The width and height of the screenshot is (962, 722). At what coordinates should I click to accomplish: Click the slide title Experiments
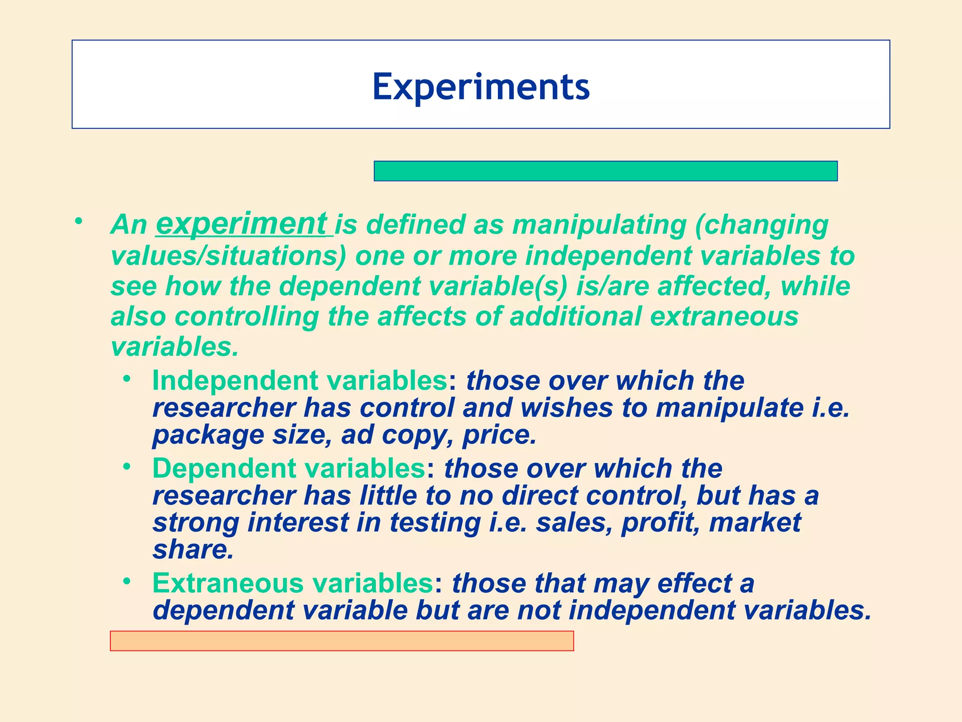(x=481, y=87)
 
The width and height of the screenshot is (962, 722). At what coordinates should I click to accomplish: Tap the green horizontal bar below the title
(x=605, y=171)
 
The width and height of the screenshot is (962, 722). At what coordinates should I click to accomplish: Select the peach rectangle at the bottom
(x=341, y=641)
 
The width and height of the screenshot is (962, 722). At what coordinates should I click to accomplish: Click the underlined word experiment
(x=241, y=224)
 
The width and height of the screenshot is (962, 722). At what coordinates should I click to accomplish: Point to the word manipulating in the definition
(x=599, y=225)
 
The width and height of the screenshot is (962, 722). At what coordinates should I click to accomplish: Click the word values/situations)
(x=228, y=256)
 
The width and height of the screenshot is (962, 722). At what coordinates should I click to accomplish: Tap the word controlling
(x=247, y=316)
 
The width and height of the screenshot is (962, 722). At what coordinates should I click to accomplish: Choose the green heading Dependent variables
(x=289, y=469)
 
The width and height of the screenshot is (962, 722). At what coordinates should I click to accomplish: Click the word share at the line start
(x=193, y=550)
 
